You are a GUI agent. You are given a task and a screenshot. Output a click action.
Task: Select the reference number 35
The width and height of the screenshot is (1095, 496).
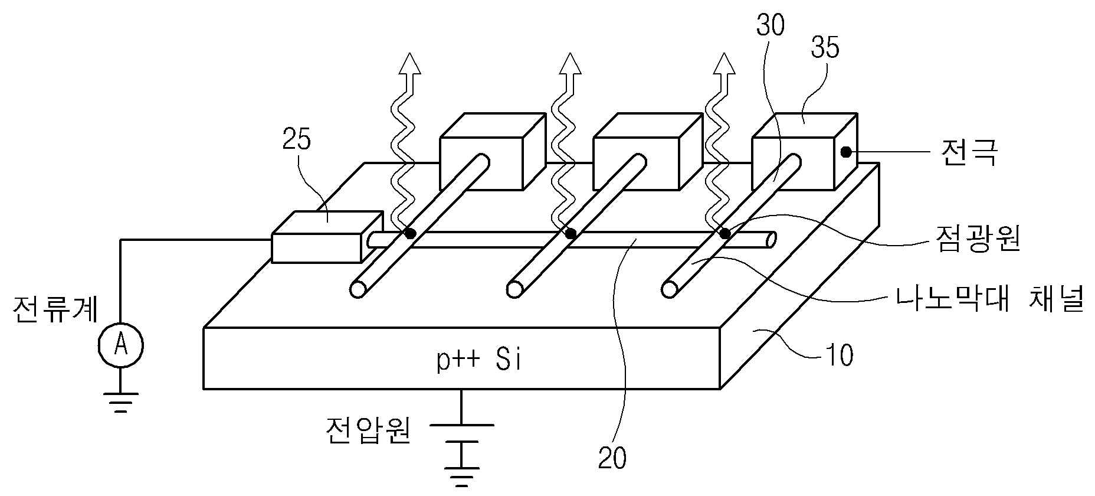tap(825, 47)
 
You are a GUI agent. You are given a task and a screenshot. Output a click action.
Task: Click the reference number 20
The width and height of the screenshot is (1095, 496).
tap(612, 458)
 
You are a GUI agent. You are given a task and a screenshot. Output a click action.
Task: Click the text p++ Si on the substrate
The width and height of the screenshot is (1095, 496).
tap(479, 360)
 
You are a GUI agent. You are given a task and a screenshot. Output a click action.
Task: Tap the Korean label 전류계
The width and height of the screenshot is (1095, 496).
tap(56, 308)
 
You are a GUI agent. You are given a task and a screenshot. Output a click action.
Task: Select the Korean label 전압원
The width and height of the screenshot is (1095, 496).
tap(369, 432)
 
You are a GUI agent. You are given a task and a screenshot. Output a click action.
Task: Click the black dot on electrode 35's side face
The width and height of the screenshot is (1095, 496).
tap(845, 152)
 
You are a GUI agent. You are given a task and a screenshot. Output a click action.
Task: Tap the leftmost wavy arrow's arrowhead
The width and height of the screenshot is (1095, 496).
tap(409, 63)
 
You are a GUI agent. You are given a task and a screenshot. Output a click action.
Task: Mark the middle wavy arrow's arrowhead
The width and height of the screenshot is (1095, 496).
tap(570, 63)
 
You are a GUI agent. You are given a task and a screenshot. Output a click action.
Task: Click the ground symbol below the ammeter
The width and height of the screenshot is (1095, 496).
tap(120, 402)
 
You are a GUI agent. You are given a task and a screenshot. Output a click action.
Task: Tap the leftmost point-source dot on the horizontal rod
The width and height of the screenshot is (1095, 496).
tap(410, 234)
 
